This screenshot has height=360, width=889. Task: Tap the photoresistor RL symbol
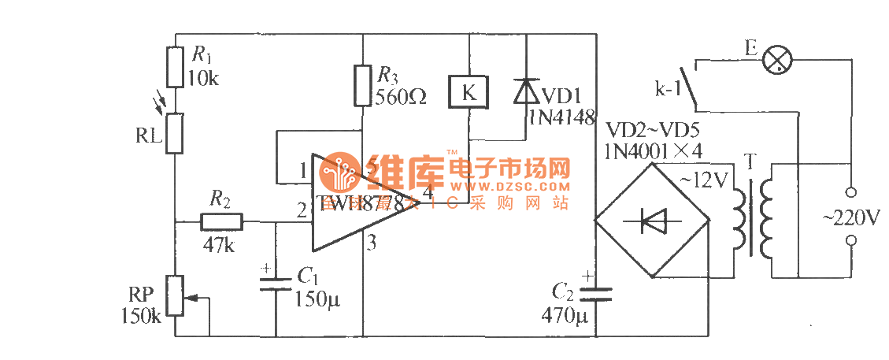[175, 132]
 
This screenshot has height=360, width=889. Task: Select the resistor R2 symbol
[222, 222]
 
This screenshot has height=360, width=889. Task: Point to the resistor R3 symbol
[361, 86]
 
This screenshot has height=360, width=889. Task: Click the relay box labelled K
[468, 91]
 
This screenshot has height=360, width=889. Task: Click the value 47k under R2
[217, 245]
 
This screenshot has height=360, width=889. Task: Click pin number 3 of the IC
[372, 243]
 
